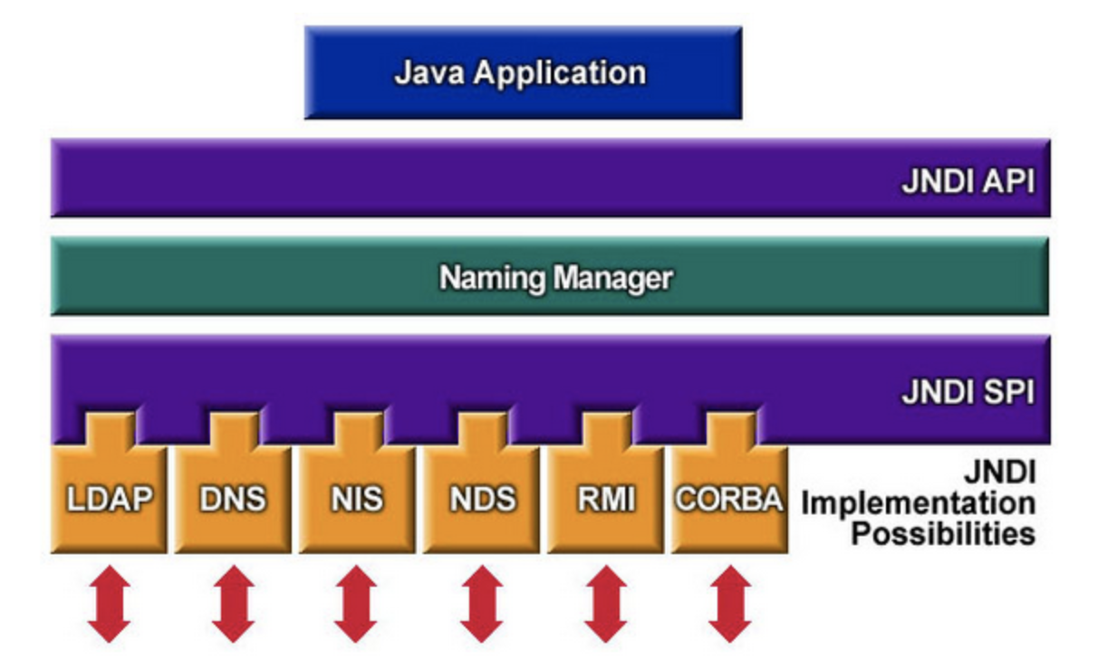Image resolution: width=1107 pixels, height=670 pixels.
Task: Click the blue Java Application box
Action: coord(523,72)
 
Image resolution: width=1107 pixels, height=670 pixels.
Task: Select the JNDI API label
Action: coord(967,182)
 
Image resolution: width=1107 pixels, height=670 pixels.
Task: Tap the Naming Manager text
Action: coord(555,277)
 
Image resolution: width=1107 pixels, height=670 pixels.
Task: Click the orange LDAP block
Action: coord(109,499)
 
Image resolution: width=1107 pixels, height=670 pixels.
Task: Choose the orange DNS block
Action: coord(233,499)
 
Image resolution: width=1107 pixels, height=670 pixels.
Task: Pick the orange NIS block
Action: coord(357,499)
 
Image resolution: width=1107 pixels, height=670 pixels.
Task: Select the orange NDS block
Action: coord(481,499)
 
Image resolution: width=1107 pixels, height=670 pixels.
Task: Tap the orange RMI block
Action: coord(605,499)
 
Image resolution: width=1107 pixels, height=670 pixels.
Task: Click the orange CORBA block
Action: coord(728,499)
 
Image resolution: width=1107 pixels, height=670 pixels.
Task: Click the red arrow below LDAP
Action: coord(109,604)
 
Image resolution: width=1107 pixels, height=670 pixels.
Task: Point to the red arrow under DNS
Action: coord(234,604)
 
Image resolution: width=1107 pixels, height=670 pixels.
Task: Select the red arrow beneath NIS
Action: coord(356,604)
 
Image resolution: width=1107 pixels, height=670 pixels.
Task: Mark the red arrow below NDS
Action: coord(481,604)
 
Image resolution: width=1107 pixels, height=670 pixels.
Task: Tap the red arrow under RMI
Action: coord(605,604)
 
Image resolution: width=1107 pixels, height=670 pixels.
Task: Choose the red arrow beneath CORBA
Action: coord(729,604)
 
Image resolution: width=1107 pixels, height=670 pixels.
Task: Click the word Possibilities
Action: coord(942,532)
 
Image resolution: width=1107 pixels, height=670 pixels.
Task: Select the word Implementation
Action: coord(917,502)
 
